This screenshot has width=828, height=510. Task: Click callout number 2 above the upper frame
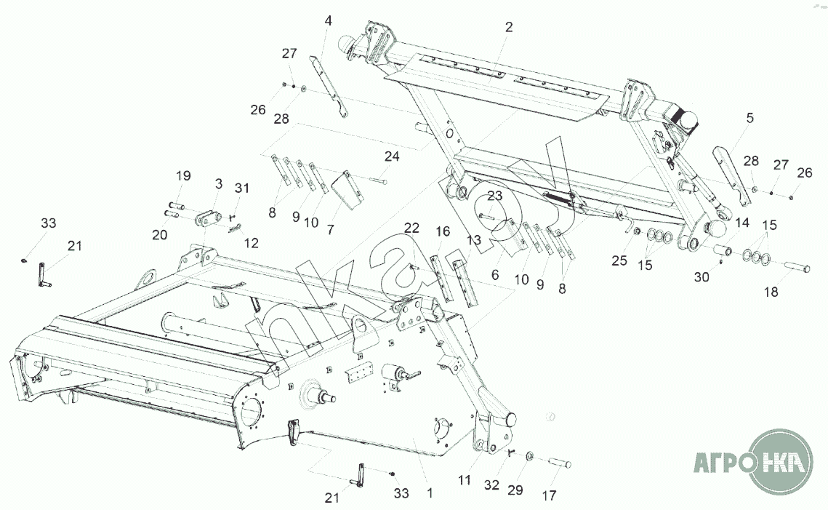tap(508, 27)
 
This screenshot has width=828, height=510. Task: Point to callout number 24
tap(392, 156)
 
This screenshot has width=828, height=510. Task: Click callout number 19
tap(182, 175)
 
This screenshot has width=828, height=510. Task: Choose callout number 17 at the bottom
tap(549, 495)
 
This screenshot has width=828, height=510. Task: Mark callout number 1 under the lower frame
tap(430, 493)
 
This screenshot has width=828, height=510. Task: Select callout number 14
tap(741, 223)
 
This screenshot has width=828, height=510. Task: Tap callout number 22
tap(412, 228)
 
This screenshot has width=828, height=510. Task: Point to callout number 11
tap(465, 480)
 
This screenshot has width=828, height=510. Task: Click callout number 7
tap(330, 229)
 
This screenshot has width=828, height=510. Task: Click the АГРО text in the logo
tap(720, 463)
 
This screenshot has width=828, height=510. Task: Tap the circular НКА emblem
tap(783, 463)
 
